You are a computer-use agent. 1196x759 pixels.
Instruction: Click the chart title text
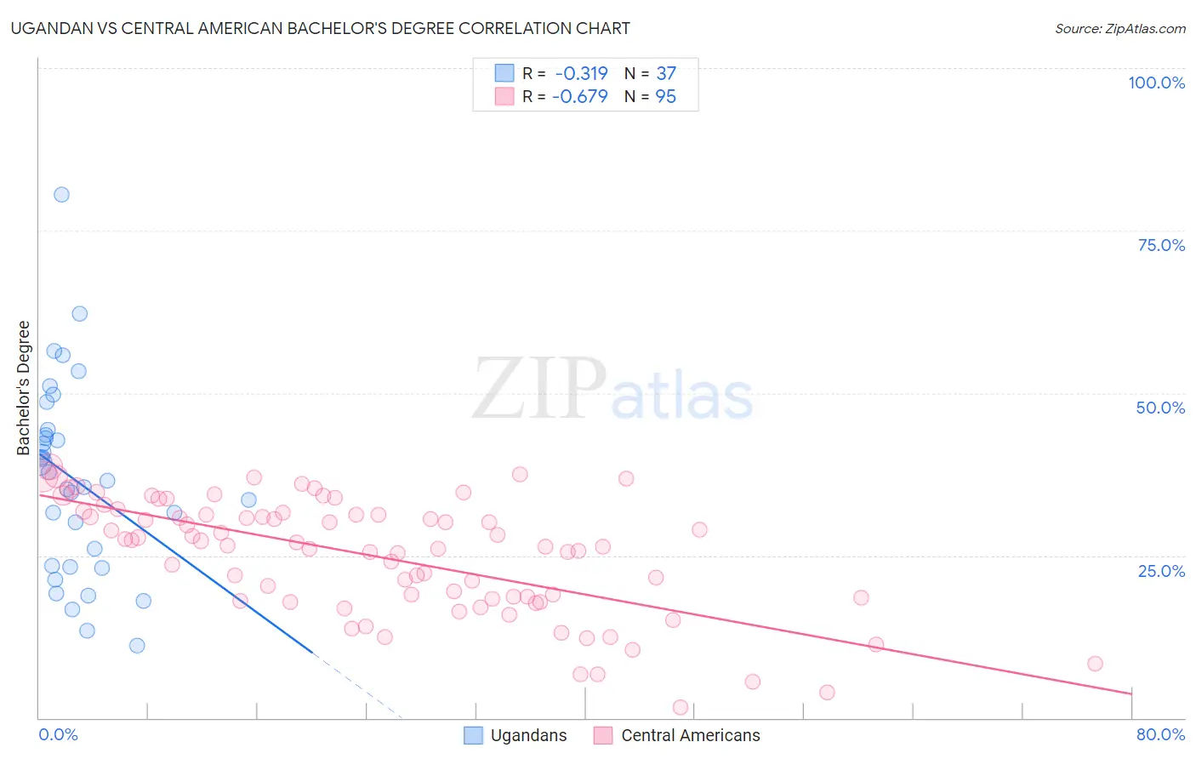[x=320, y=28]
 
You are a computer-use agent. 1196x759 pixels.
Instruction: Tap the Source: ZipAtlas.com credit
[x=1119, y=29]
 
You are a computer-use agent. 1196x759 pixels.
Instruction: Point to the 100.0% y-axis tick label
[x=1156, y=83]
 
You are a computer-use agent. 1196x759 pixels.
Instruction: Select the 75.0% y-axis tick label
[x=1161, y=245]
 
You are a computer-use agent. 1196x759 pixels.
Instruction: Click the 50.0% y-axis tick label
[x=1160, y=408]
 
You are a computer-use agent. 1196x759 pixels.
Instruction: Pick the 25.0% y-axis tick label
[x=1161, y=571]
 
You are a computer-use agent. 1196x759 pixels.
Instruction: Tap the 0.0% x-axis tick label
[x=58, y=734]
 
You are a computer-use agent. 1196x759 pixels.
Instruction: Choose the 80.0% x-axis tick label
[x=1160, y=734]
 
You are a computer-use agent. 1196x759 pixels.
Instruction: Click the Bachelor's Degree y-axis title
[x=24, y=388]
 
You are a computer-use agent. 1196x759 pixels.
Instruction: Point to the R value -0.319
[x=581, y=74]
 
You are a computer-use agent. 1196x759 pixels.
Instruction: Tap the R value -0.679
[x=579, y=97]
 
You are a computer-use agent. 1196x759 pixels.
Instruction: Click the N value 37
[x=666, y=74]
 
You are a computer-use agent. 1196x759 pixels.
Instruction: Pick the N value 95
[x=665, y=97]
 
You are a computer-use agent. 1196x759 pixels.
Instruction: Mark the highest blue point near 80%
[x=61, y=194]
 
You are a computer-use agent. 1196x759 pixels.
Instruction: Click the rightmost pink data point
[x=1095, y=664]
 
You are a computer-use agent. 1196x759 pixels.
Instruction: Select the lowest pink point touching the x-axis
[x=681, y=707]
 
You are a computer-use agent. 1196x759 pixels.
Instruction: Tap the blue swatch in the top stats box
[x=504, y=73]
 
